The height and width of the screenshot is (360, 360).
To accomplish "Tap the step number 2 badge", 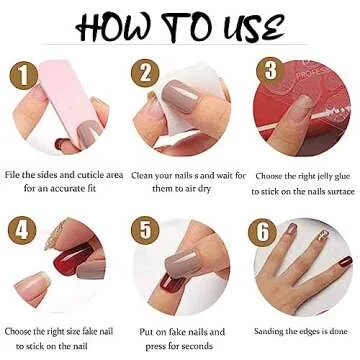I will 145,71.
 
